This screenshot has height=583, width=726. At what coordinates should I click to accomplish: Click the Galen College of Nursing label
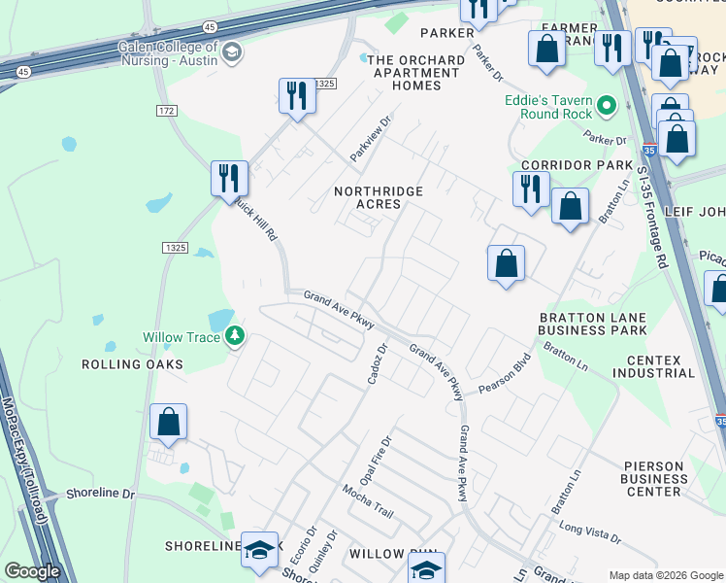click(168, 53)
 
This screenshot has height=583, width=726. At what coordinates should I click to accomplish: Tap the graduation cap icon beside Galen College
click(231, 51)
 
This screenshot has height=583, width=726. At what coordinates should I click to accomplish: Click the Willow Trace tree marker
click(234, 337)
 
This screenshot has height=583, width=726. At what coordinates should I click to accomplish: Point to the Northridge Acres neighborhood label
click(379, 198)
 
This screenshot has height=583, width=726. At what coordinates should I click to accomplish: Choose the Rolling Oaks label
click(131, 364)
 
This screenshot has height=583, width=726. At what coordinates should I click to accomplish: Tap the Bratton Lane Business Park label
click(592, 325)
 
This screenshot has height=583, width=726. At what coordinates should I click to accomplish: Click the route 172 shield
click(167, 111)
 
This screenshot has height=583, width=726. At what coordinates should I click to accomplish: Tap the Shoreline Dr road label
click(100, 494)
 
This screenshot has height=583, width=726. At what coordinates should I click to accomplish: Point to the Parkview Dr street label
click(370, 139)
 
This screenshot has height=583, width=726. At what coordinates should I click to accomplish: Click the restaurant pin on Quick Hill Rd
click(230, 178)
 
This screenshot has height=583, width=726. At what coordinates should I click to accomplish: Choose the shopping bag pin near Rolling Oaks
click(169, 423)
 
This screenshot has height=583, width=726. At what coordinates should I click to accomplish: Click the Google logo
click(32, 571)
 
